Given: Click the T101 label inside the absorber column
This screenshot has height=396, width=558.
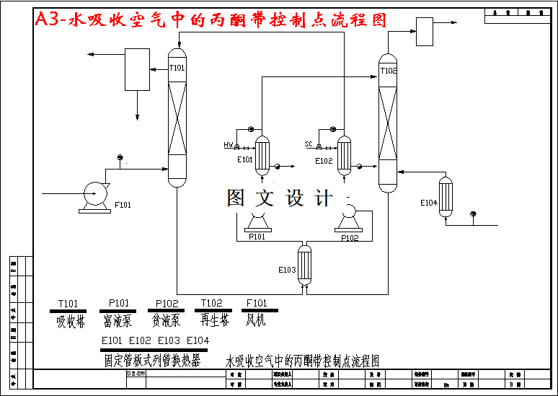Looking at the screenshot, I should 177,69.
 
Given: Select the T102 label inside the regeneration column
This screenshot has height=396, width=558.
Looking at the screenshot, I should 389,71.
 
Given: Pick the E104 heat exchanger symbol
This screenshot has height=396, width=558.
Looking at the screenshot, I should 446,196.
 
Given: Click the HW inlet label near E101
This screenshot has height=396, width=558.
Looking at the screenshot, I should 229,145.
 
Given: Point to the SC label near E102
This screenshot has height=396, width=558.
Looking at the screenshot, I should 309,144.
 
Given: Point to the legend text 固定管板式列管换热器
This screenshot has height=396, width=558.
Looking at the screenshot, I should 152,360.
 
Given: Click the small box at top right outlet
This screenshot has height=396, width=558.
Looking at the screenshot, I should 424,31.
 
